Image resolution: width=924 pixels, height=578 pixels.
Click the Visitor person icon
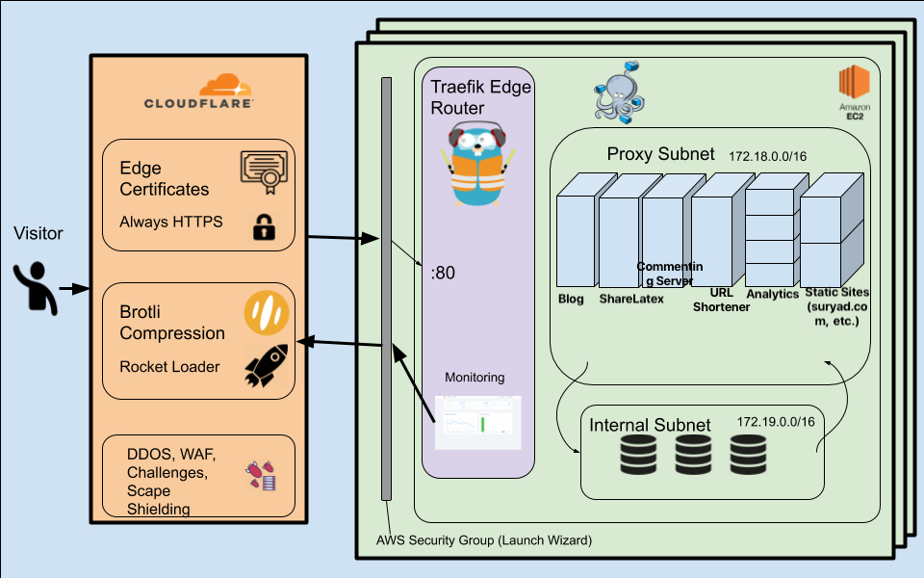[36, 287]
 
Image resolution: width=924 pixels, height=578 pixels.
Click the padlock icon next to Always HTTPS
[263, 226]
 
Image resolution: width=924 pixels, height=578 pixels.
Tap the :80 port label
[443, 273]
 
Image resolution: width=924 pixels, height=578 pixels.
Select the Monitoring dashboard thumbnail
[478, 422]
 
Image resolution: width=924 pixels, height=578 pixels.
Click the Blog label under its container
[571, 299]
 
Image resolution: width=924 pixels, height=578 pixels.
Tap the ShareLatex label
[631, 299]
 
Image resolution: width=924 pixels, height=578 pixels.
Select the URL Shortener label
[721, 299]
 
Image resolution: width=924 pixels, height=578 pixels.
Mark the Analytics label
[773, 294]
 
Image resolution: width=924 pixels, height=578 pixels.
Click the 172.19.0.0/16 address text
[776, 422]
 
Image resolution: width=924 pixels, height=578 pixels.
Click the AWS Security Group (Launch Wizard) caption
[483, 541]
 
